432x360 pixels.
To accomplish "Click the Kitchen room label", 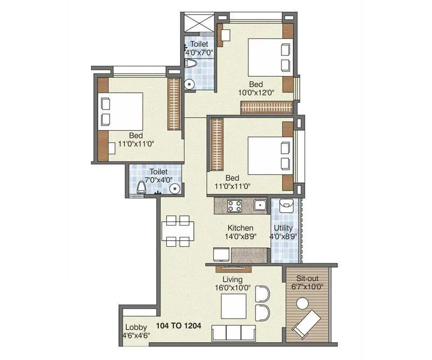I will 240,228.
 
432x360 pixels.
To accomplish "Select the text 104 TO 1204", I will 179,325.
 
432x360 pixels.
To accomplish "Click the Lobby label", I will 136,327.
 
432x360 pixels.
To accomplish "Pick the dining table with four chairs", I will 178,230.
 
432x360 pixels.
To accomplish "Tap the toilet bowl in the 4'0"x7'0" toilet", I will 191,64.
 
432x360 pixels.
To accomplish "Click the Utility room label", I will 283,228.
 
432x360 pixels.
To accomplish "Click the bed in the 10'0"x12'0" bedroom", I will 268,57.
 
